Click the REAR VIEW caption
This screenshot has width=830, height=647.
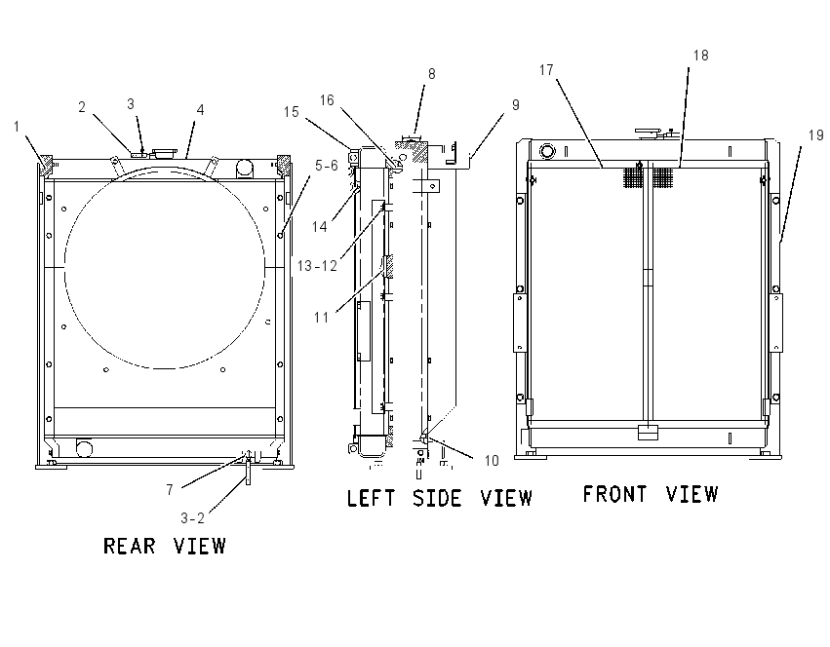click(165, 546)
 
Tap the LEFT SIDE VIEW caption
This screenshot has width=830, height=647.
click(439, 498)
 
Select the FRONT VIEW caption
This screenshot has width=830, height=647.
click(650, 494)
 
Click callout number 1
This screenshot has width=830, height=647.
click(17, 127)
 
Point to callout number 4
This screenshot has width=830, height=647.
click(200, 109)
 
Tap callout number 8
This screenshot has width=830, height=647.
click(432, 74)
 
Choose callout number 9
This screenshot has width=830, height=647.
click(516, 104)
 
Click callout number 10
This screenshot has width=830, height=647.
click(492, 461)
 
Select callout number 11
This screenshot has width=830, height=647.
click(321, 318)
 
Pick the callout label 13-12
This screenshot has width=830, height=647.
click(317, 266)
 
